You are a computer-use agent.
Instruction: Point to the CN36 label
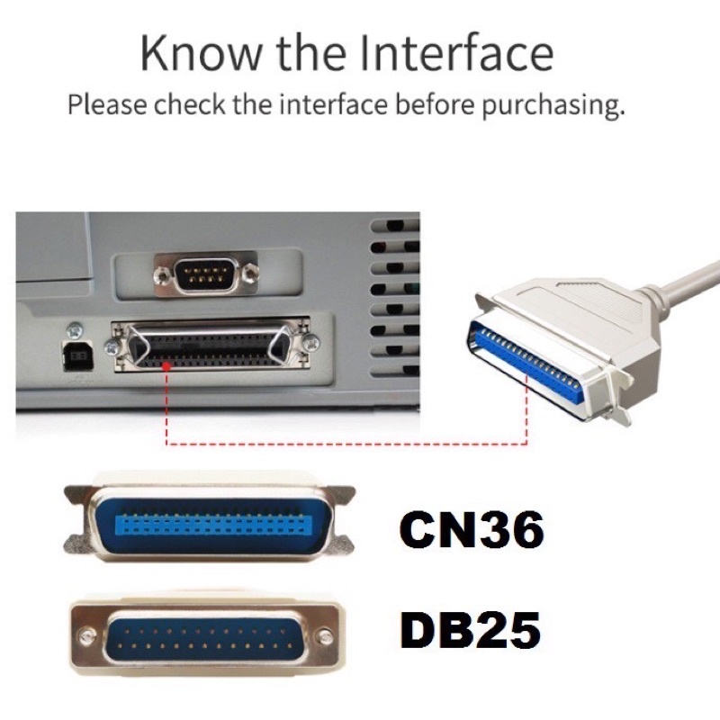click(x=472, y=531)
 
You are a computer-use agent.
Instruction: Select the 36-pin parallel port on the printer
click(x=209, y=345)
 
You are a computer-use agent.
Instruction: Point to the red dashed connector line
click(x=342, y=444)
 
